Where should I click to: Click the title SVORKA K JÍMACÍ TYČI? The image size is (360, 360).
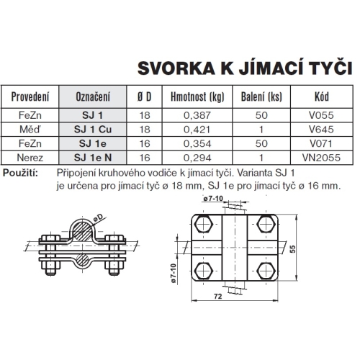coord(244,69)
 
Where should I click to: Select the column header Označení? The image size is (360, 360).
coord(93,96)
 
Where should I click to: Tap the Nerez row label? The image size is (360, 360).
coord(32,155)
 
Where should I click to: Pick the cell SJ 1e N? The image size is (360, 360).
coord(93,155)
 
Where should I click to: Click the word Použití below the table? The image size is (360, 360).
coord(24,174)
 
